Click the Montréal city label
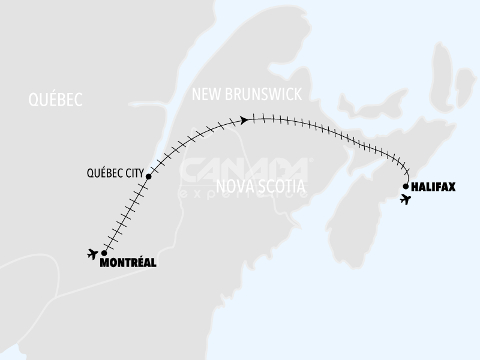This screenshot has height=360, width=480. [128, 262]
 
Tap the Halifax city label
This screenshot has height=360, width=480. [433, 187]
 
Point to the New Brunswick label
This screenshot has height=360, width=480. [246, 95]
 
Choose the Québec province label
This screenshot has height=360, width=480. [55, 100]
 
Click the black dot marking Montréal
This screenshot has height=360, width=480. [104, 253]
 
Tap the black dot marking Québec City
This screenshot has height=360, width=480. [148, 177]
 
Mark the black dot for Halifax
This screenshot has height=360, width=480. [406, 186]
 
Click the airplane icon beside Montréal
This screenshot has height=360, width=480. [92, 254]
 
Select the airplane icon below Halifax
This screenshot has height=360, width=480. [406, 199]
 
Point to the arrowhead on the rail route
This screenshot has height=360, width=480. [244, 121]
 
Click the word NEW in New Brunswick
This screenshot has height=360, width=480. [202, 95]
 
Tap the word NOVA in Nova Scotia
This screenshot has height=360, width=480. [236, 187]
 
